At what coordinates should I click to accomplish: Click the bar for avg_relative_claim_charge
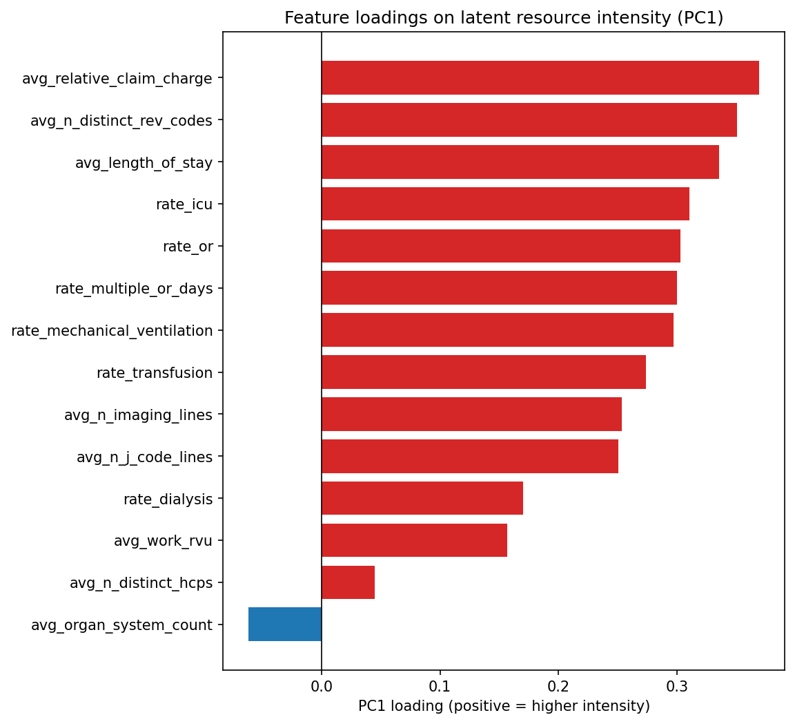540,78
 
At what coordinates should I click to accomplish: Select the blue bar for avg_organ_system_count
285,625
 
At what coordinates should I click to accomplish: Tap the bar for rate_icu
505,204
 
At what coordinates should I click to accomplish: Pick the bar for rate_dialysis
422,498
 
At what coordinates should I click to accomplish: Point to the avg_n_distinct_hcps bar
348,582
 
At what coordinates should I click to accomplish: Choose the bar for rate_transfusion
483,372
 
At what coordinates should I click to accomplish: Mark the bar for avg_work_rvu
414,540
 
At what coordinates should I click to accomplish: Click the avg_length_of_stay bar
520,162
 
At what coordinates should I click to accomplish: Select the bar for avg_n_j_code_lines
469,456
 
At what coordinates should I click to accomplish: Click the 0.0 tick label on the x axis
322,687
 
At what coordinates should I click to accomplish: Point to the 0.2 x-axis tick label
558,687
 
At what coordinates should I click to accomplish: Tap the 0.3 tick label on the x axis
677,687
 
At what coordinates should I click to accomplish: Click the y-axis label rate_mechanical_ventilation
112,331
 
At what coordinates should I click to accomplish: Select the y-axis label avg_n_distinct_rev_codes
121,121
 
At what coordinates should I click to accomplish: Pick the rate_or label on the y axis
188,247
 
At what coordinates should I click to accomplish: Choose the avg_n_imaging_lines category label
138,415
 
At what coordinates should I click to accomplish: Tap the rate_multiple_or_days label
134,289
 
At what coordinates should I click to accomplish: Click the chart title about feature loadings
504,18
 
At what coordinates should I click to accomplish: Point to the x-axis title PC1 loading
504,706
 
